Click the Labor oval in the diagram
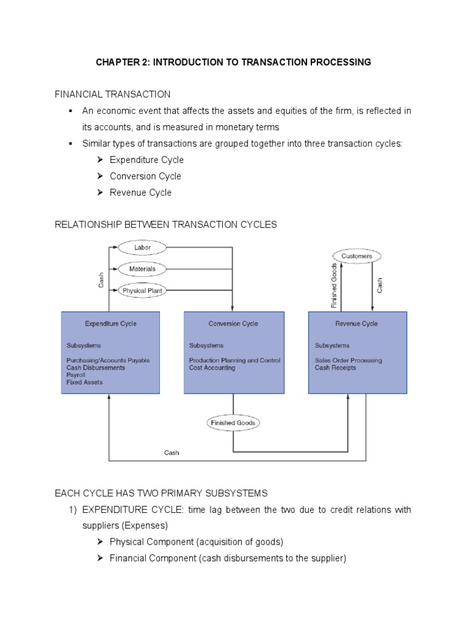click(x=142, y=248)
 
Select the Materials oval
click(x=142, y=269)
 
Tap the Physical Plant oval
click(x=142, y=291)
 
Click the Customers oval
click(x=356, y=256)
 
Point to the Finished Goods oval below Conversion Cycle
click(x=233, y=423)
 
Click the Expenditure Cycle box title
click(x=111, y=324)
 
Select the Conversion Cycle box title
click(x=233, y=324)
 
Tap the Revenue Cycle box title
click(x=357, y=324)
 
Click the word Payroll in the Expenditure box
click(x=76, y=375)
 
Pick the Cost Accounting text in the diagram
click(x=212, y=367)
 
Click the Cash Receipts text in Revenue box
click(x=335, y=367)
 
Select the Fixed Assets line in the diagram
click(x=85, y=382)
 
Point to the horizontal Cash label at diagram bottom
click(x=172, y=453)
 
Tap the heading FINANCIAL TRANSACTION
click(x=112, y=94)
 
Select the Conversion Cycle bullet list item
click(x=145, y=176)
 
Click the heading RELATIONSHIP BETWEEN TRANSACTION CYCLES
click(x=165, y=224)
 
